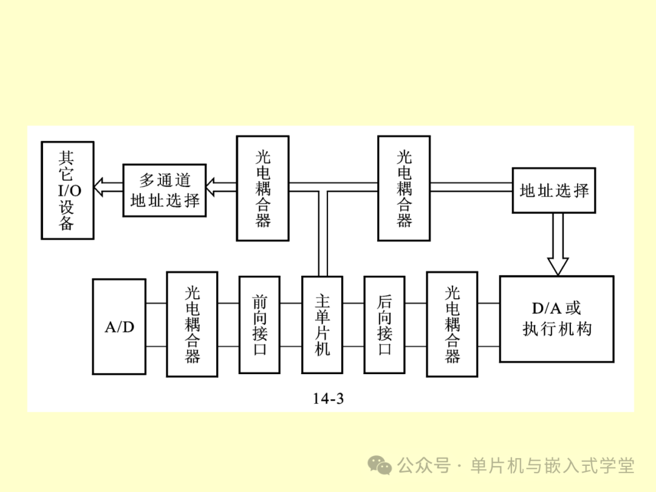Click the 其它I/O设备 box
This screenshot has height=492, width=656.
click(67, 190)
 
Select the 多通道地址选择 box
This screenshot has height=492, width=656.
click(165, 190)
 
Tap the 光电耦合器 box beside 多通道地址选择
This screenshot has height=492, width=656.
click(262, 189)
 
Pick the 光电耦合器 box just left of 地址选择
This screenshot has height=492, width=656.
click(404, 188)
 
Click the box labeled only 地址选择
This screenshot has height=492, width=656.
click(554, 190)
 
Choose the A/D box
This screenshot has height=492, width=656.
click(119, 326)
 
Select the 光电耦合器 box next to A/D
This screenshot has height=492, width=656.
click(192, 324)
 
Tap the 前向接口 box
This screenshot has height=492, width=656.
click(259, 325)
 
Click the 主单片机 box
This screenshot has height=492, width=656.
click(322, 325)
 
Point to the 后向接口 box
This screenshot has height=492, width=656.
click(384, 325)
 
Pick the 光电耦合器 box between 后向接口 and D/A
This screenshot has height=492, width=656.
click(452, 324)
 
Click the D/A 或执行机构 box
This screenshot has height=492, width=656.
click(556, 319)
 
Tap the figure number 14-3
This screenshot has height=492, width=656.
click(329, 398)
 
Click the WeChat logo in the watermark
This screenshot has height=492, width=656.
click(381, 466)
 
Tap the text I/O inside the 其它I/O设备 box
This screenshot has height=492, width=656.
click(69, 191)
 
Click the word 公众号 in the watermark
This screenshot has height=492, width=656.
click(424, 466)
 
